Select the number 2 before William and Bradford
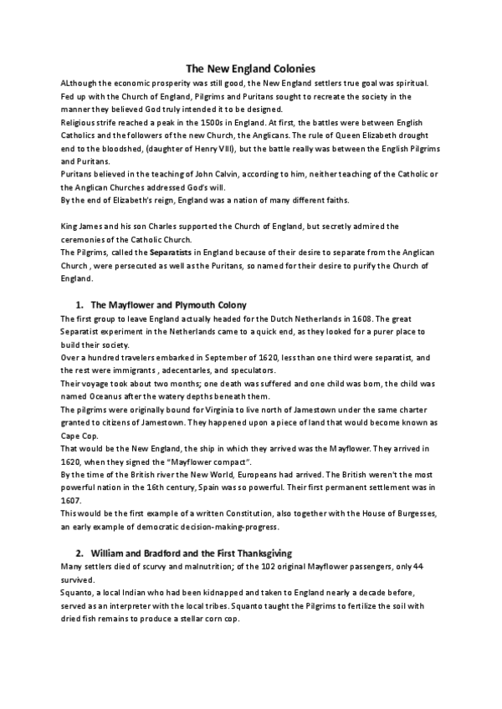click(x=79, y=553)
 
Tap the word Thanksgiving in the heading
click(x=252, y=553)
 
